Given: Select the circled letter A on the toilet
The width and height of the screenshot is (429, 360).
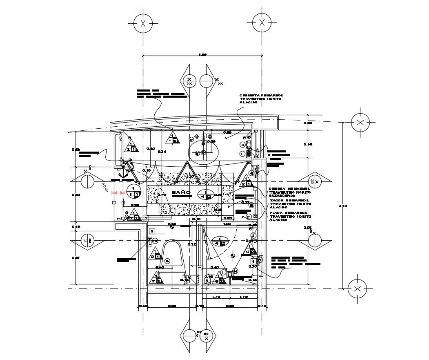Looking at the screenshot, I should click(x=167, y=261).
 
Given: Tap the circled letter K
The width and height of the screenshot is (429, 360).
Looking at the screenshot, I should click(x=243, y=145).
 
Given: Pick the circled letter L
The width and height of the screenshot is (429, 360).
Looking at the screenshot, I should click(x=242, y=154).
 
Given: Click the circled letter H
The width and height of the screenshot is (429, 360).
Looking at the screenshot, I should click(x=236, y=271).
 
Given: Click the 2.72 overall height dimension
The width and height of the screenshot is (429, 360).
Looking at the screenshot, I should click(x=343, y=206).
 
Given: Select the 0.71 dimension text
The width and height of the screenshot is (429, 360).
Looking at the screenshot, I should click(x=162, y=152).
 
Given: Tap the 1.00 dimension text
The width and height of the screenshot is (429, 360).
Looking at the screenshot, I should click(x=227, y=224).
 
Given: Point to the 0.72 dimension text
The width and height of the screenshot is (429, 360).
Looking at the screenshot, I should click(x=191, y=244).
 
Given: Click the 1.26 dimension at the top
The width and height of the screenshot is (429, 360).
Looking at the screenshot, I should click(x=202, y=54).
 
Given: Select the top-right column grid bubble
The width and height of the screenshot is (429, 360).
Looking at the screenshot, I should click(x=262, y=23).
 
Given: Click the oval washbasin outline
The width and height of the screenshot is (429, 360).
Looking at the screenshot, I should click(x=203, y=152).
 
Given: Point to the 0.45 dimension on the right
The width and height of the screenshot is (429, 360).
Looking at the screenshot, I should click(x=308, y=144).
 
